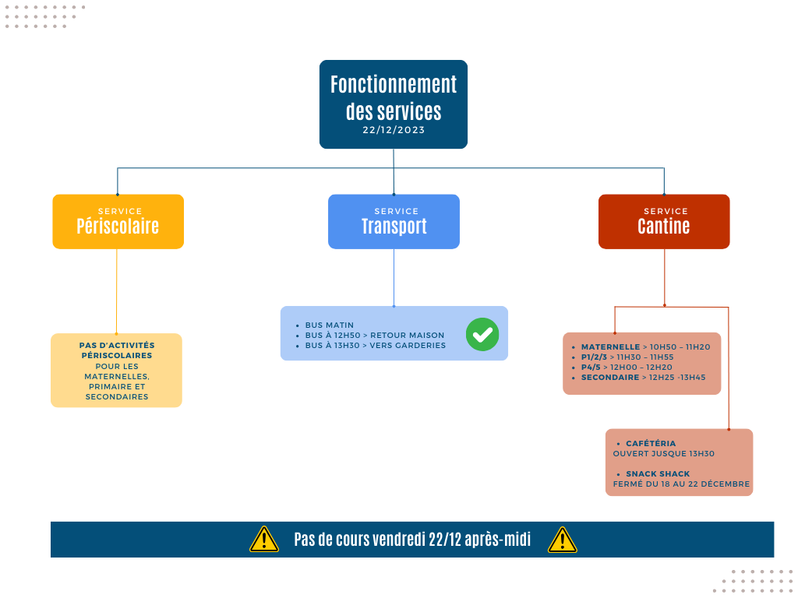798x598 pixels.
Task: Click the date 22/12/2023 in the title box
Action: tap(394, 130)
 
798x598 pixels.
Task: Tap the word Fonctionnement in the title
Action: tap(394, 84)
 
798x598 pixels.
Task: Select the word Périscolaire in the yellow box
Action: tap(118, 227)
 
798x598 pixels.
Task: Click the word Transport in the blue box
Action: tap(394, 227)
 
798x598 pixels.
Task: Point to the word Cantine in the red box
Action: tap(664, 227)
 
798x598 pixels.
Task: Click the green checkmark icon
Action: tap(482, 334)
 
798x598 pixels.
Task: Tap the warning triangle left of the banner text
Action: tap(264, 540)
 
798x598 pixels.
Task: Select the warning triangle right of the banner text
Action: tap(563, 540)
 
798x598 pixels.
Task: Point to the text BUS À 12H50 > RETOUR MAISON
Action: tap(375, 335)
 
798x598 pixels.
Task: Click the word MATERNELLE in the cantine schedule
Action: tap(610, 346)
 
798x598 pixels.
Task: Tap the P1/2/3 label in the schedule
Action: tap(594, 357)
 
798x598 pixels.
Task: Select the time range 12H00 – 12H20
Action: tap(641, 368)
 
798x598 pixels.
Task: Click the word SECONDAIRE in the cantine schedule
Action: tap(609, 378)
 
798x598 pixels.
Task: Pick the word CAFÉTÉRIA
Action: tap(651, 443)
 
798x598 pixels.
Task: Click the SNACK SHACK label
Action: tap(658, 474)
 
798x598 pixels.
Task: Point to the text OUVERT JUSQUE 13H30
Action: tap(664, 454)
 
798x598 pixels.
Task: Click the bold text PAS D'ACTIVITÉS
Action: tap(117, 345)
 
